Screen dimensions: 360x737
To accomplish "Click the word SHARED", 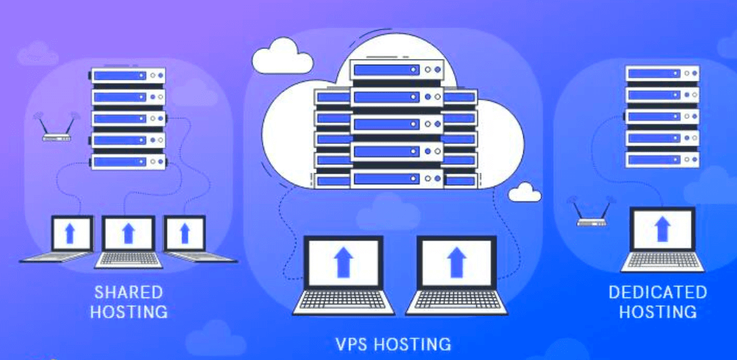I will tap(128, 293).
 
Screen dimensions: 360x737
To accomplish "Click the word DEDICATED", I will tap(657, 292).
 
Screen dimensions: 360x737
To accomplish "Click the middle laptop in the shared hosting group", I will tap(129, 241).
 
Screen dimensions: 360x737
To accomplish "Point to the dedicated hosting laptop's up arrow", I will tap(663, 230).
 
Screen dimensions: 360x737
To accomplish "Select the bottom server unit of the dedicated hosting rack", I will tap(663, 158).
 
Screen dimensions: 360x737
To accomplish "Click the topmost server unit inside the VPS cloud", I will tap(395, 71).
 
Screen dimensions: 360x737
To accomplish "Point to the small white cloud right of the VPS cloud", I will tap(525, 192).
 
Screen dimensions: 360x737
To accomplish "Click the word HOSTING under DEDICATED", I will tap(658, 312).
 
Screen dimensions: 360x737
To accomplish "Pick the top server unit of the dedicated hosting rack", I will tap(663, 73).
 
